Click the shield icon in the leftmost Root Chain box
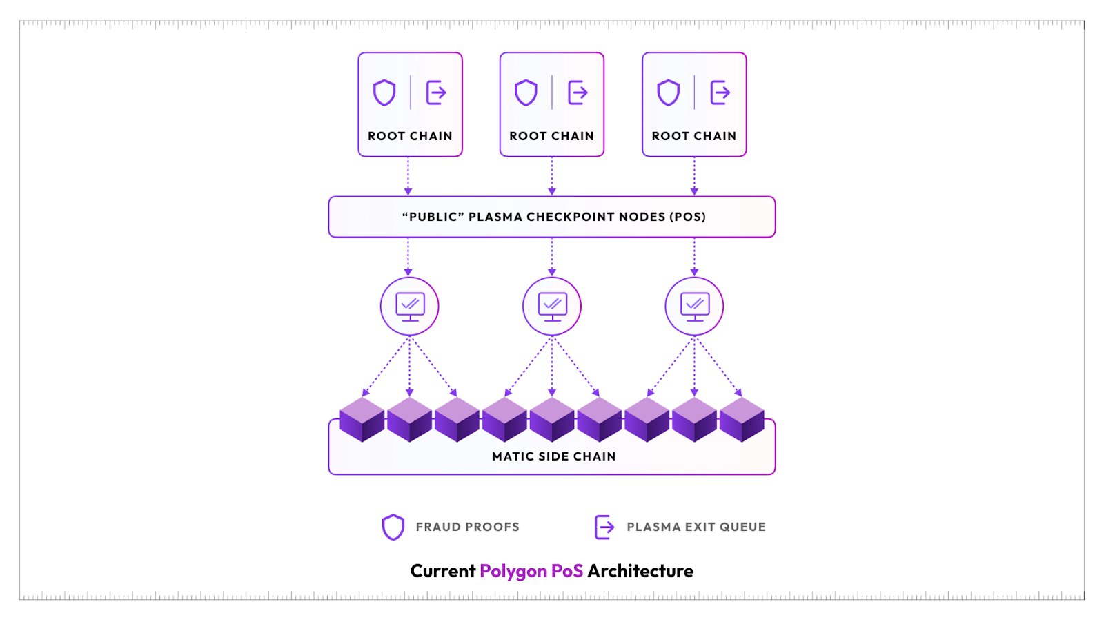click(384, 93)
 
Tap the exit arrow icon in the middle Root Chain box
click(578, 93)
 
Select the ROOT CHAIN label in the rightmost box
click(693, 136)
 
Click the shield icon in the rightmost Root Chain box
click(668, 93)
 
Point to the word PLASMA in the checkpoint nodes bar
click(495, 217)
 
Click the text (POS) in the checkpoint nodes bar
click(687, 217)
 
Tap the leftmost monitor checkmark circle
click(410, 307)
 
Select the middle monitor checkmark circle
click(552, 307)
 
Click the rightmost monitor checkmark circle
click(694, 307)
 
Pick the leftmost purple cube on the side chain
click(362, 420)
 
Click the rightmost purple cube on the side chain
click(742, 420)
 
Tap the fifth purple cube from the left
click(552, 420)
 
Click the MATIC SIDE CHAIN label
click(553, 456)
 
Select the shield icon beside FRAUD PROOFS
click(393, 527)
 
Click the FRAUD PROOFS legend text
click(467, 527)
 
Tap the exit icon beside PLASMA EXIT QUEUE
click(604, 527)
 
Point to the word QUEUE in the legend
click(742, 527)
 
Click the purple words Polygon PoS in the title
click(531, 571)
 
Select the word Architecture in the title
click(640, 571)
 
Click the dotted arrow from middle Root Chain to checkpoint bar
click(552, 176)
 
